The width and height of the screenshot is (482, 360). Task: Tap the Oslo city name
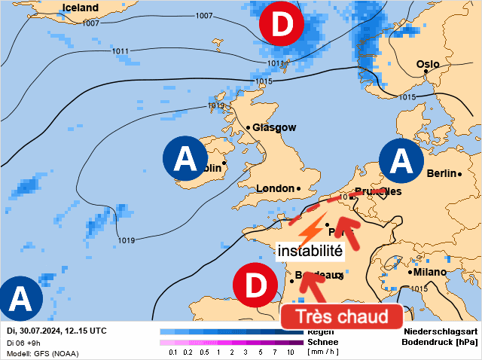[x=428, y=64]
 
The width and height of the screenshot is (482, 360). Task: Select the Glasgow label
[x=274, y=127]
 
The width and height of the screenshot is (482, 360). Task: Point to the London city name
[x=275, y=188]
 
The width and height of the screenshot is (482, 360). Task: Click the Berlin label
[x=441, y=174]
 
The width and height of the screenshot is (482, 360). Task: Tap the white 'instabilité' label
[x=310, y=250]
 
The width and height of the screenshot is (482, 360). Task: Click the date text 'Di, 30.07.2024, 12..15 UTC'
[x=56, y=331]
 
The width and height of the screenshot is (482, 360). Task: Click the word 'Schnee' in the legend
[x=322, y=341]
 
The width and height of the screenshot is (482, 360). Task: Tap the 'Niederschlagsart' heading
[x=440, y=331]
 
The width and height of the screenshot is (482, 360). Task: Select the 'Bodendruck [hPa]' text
[x=440, y=342]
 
